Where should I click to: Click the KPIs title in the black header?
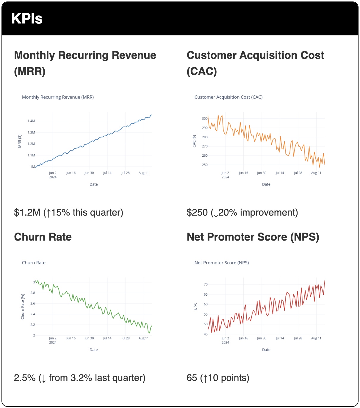pyautogui.click(x=27, y=18)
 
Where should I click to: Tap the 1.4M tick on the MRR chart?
pyautogui.click(x=31, y=121)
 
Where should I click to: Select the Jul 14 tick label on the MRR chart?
pyautogui.click(x=107, y=173)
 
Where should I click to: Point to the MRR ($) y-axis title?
pyautogui.click(x=20, y=141)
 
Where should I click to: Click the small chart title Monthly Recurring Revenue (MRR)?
pyautogui.click(x=58, y=97)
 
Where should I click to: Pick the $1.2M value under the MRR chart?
pyautogui.click(x=27, y=213)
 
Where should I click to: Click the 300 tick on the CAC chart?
pyautogui.click(x=205, y=119)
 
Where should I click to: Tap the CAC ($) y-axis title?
pyautogui.click(x=194, y=141)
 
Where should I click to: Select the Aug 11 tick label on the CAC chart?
pyautogui.click(x=316, y=173)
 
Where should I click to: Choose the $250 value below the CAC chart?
pyautogui.click(x=197, y=213)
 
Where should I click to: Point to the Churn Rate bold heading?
pyautogui.click(x=43, y=237)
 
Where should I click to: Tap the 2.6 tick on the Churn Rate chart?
pyautogui.click(x=32, y=304)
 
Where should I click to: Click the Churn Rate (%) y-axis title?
pyautogui.click(x=23, y=307)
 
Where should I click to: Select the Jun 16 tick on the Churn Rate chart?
pyautogui.click(x=71, y=338)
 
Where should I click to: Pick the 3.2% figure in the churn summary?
pyautogui.click(x=81, y=378)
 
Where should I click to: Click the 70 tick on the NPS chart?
pyautogui.click(x=206, y=285)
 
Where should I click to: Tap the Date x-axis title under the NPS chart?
pyautogui.click(x=266, y=350)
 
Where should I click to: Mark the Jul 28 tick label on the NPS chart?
pyautogui.click(x=298, y=338)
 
